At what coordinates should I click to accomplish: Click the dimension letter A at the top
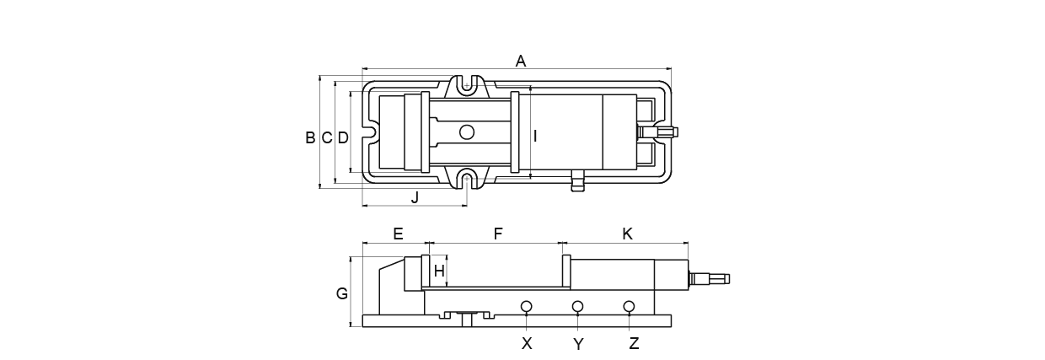[521, 61]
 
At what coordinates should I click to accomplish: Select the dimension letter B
[310, 137]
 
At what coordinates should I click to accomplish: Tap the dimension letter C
[326, 137]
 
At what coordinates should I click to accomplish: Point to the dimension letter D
[343, 137]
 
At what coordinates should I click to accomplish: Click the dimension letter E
[398, 234]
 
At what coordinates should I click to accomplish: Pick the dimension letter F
[498, 234]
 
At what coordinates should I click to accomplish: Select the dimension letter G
[341, 294]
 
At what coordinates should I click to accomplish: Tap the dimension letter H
[438, 271]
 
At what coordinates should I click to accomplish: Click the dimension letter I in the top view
[535, 135]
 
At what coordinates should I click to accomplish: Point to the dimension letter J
[415, 198]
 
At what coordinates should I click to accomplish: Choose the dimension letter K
[627, 234]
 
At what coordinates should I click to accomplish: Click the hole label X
[527, 343]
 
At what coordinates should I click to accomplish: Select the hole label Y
[578, 344]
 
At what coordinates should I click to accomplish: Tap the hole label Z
[634, 343]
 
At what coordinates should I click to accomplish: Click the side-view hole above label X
[526, 305]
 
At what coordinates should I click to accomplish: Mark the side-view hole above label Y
[577, 305]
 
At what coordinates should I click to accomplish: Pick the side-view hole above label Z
[629, 305]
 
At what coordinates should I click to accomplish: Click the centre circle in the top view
[466, 132]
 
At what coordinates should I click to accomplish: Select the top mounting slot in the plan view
[466, 83]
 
